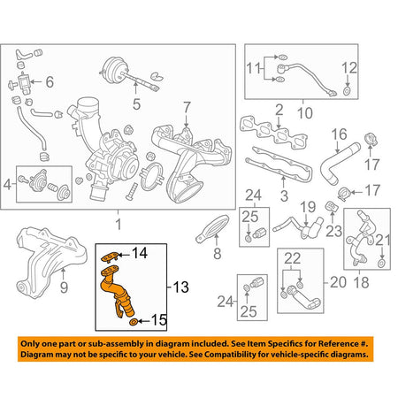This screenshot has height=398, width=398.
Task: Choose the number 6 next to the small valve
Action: [50, 82]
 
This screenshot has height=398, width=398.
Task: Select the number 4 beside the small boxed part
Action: [9, 185]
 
